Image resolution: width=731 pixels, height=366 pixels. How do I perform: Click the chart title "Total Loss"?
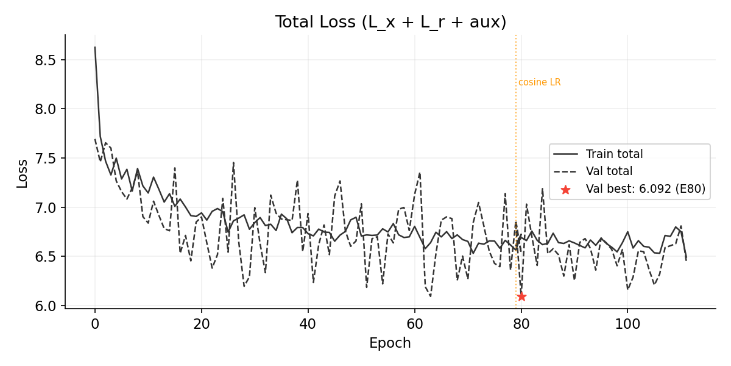(x=390, y=23)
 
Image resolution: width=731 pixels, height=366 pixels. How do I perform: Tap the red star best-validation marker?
(x=521, y=296)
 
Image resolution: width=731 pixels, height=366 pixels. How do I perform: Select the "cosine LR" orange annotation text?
(x=539, y=82)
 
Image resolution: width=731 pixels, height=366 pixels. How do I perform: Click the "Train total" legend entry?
(x=614, y=154)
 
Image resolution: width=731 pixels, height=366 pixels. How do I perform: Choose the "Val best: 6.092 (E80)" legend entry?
(x=645, y=190)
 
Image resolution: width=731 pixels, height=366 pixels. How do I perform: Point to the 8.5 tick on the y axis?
(x=48, y=60)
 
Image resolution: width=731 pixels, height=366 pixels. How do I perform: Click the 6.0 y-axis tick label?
(x=48, y=306)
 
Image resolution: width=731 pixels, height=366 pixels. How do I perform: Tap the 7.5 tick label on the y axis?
(x=48, y=159)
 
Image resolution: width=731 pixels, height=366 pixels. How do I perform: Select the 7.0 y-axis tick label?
(x=48, y=208)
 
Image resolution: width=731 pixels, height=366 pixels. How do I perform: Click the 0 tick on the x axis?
(x=95, y=323)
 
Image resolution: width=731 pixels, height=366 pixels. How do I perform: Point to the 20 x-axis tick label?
(x=202, y=323)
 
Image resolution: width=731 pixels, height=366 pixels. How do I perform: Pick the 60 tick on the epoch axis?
(x=414, y=323)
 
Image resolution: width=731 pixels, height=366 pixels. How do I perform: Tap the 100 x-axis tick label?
(x=627, y=323)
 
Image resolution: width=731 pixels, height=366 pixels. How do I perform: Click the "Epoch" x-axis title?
(x=390, y=343)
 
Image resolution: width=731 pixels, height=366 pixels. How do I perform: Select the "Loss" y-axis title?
(x=23, y=173)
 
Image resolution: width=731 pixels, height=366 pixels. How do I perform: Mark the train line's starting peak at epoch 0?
(x=95, y=47)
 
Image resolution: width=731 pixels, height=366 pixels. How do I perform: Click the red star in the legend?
(x=565, y=190)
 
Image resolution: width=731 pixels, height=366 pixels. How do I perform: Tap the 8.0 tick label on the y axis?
(x=48, y=109)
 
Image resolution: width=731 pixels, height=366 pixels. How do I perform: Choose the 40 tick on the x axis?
(x=308, y=323)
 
